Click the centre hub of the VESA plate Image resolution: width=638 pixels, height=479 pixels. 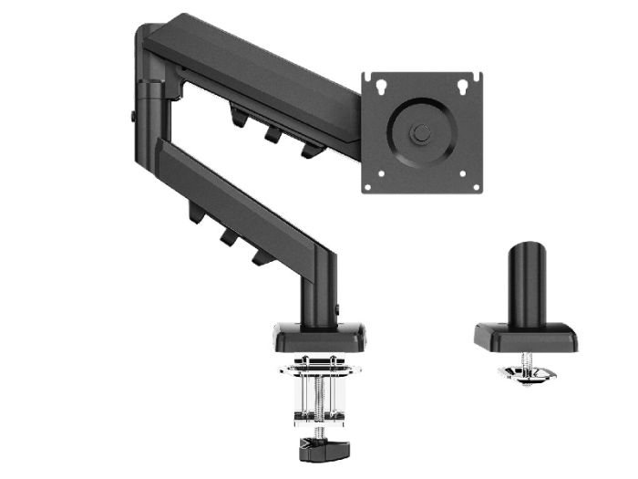(x=420, y=132)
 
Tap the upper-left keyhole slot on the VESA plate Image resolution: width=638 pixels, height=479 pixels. (x=380, y=87)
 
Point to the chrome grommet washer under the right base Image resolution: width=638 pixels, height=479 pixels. (x=523, y=374)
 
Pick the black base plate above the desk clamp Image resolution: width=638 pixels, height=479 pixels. (x=318, y=338)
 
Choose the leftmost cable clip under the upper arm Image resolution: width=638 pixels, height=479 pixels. (x=240, y=117)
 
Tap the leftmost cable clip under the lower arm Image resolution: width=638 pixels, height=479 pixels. (x=195, y=213)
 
